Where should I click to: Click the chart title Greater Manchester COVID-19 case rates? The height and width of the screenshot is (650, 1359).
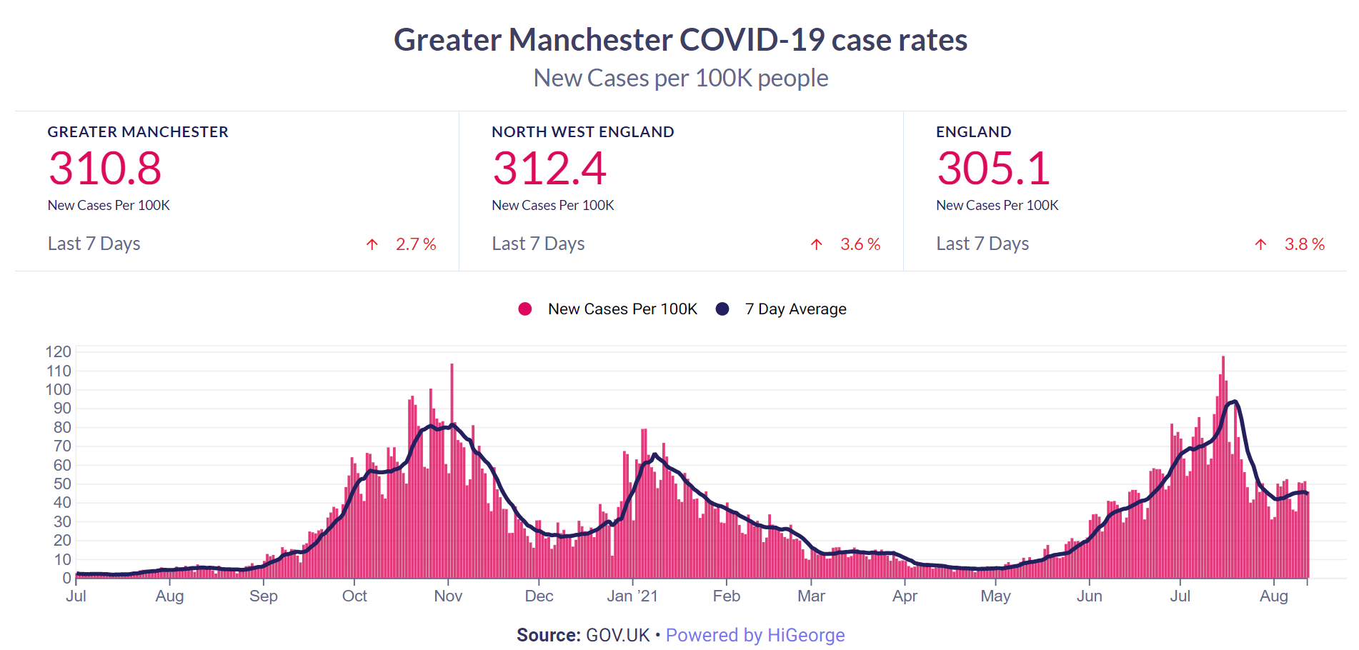tap(680, 40)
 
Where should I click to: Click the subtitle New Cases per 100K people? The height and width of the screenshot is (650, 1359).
tap(680, 78)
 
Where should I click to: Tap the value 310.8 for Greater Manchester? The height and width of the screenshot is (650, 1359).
tap(105, 169)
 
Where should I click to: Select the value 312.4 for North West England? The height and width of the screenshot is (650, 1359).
tap(549, 169)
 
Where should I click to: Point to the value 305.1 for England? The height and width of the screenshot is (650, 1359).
tap(993, 169)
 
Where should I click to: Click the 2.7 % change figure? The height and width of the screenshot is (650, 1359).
tap(416, 244)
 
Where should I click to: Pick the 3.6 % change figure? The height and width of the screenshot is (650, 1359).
tap(860, 244)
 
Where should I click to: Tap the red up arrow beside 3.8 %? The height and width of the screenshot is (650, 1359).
tap(1260, 244)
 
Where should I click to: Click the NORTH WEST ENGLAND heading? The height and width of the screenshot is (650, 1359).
tap(582, 132)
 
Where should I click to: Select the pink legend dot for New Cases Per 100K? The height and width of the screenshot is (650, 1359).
tap(525, 309)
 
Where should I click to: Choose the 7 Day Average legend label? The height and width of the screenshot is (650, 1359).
tap(795, 309)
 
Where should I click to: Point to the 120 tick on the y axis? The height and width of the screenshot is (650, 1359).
tap(59, 351)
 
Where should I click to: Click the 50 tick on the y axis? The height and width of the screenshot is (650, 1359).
tap(62, 484)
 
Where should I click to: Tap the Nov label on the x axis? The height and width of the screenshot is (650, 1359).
tap(448, 596)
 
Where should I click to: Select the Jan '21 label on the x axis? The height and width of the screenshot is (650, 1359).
tap(632, 596)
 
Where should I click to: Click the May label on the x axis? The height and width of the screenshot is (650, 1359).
tap(995, 596)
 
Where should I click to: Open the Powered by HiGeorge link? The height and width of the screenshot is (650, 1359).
tap(755, 635)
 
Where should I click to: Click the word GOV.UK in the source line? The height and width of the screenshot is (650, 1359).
tap(618, 635)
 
